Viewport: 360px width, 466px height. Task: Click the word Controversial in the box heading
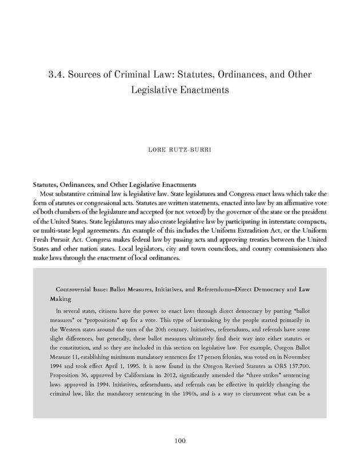pos(75,289)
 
